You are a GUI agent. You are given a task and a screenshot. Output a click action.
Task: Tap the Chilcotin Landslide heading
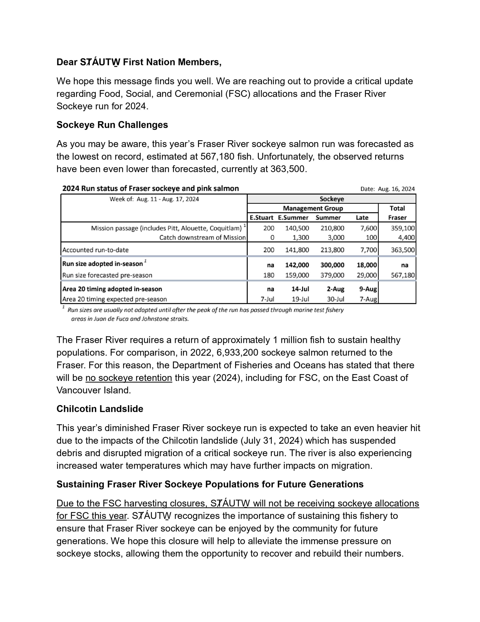99,409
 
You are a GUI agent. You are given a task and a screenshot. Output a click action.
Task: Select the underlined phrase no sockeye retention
129,378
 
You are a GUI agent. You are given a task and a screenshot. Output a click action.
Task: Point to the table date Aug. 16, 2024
396,189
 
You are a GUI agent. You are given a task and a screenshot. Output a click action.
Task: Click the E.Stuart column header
261,218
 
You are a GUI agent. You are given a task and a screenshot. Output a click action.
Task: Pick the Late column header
362,218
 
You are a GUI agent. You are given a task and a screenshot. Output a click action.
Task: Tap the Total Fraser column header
397,213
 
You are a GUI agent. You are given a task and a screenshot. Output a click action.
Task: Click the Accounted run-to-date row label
95,250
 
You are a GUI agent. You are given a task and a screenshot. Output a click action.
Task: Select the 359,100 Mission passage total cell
403,228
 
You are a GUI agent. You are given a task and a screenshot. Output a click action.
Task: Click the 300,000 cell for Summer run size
332,265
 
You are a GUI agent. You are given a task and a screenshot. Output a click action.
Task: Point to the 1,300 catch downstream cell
300,238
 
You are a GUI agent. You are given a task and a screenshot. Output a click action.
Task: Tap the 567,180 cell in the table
403,275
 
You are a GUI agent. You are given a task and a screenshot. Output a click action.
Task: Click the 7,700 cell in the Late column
369,250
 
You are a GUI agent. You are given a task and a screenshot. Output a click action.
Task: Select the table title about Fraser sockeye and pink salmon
150,189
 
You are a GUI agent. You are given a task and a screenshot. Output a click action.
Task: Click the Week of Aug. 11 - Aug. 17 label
154,199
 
